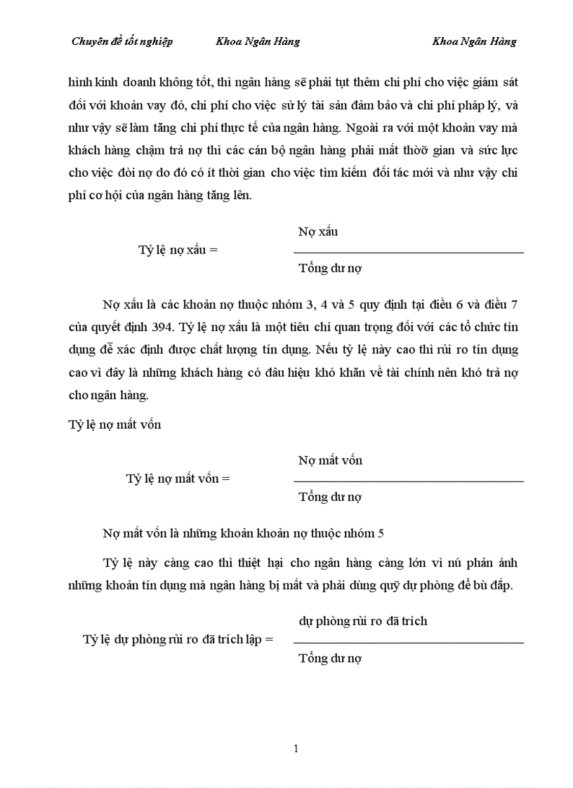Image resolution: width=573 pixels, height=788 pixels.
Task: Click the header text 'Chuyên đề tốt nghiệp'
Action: tap(122, 41)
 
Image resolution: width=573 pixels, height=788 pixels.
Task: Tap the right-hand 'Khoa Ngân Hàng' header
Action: tap(474, 41)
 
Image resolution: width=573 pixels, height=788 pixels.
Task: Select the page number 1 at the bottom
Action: tap(296, 749)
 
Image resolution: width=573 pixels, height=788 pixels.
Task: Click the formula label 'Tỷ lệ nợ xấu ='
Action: tap(178, 250)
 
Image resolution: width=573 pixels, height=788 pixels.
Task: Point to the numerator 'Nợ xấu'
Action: tap(318, 232)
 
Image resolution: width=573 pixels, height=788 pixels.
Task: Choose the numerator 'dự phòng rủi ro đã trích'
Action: tap(362, 621)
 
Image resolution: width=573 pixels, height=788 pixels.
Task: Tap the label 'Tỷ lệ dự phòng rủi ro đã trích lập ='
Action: tap(178, 639)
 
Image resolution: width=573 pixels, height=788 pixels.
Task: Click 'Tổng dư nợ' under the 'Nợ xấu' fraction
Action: tap(330, 268)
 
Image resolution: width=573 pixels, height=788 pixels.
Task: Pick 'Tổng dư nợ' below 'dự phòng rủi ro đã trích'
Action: tap(330, 658)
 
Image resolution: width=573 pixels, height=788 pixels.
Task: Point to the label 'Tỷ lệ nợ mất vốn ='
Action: tap(178, 479)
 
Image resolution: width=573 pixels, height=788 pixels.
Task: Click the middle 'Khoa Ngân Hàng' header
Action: tap(258, 41)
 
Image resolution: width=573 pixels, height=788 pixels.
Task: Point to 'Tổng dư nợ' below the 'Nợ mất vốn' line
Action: tap(330, 497)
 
